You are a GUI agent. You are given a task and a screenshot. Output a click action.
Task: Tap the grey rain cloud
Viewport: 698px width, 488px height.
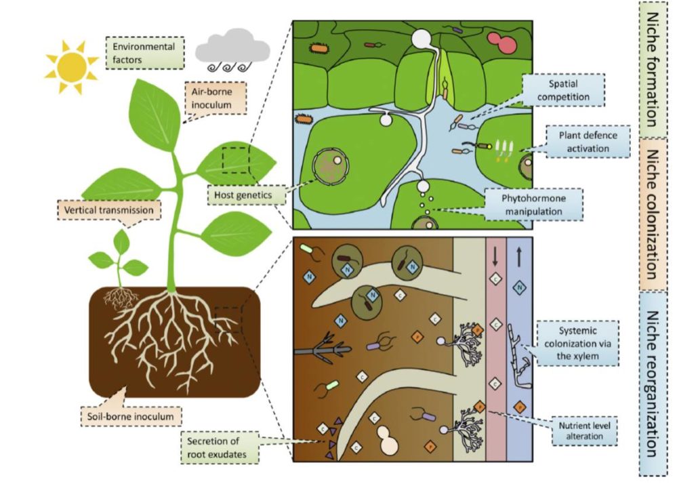click(x=232, y=52)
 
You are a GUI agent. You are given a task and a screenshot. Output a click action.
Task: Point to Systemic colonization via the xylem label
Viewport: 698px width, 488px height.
click(x=577, y=343)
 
